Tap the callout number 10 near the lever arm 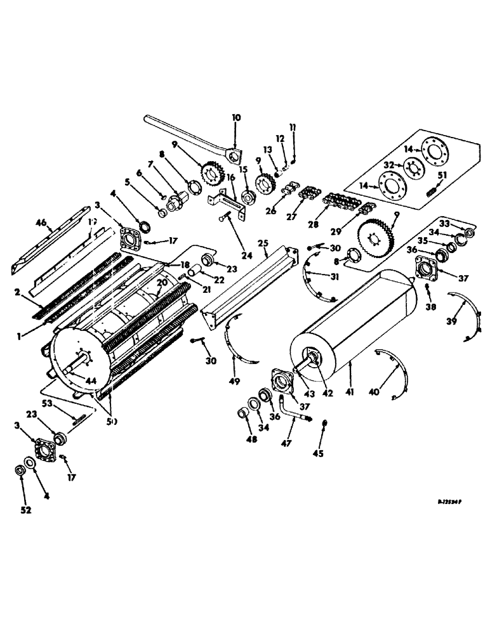coord(235,118)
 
